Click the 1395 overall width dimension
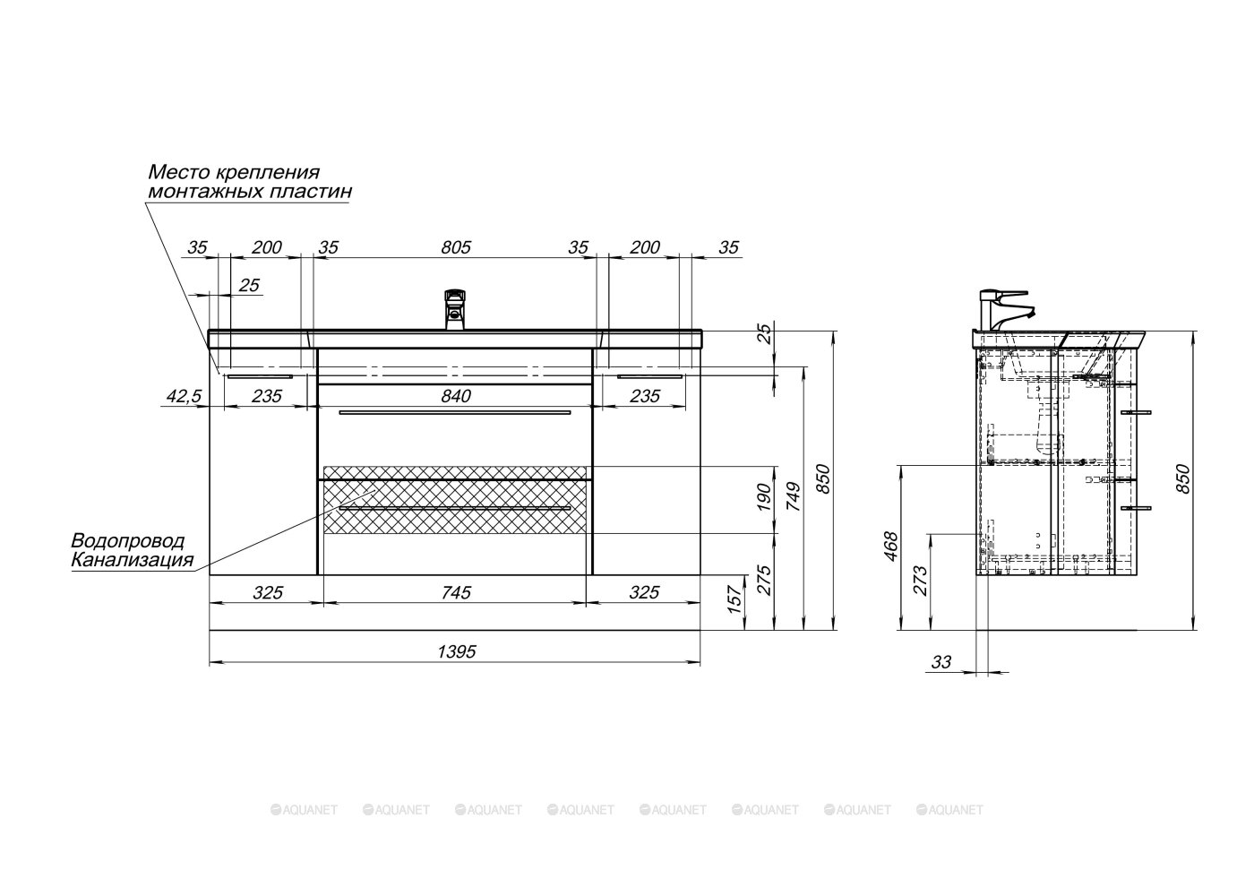(x=456, y=651)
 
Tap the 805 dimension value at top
(x=456, y=247)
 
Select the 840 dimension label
(x=456, y=396)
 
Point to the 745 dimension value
(x=456, y=592)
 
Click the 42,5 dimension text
(x=184, y=396)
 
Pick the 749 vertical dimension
(x=794, y=496)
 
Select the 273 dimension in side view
(x=921, y=581)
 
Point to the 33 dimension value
(x=941, y=662)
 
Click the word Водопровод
(x=127, y=541)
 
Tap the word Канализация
(x=133, y=559)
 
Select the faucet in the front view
(x=455, y=309)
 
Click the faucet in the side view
(x=1006, y=310)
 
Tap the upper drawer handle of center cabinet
(x=455, y=413)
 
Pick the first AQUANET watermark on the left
(x=304, y=810)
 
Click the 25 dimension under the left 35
(x=249, y=285)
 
